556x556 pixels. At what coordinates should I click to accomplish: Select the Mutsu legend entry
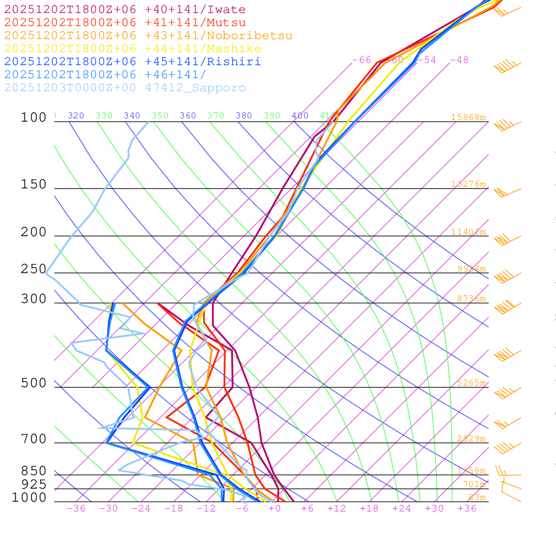[x=125, y=23]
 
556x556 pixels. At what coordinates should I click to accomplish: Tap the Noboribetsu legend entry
[x=148, y=36]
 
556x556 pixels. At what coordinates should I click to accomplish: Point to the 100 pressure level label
[x=34, y=117]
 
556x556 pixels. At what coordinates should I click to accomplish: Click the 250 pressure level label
[x=34, y=269]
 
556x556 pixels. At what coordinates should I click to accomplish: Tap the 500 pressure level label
[x=34, y=383]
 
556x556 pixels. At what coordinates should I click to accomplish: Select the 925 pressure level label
[x=34, y=484]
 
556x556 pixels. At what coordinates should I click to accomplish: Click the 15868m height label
[x=469, y=117]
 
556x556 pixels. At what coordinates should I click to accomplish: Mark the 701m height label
[x=474, y=484]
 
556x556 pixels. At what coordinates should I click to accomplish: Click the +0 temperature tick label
[x=274, y=509]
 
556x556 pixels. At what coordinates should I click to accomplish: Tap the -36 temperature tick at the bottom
[x=75, y=509]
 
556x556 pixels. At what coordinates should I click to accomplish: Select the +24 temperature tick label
[x=402, y=509]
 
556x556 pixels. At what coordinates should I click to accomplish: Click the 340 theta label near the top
[x=132, y=116]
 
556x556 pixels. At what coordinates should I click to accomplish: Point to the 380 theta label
[x=244, y=116]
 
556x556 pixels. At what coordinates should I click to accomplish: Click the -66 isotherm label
[x=362, y=60]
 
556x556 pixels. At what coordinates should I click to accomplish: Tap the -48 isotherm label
[x=459, y=60]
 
